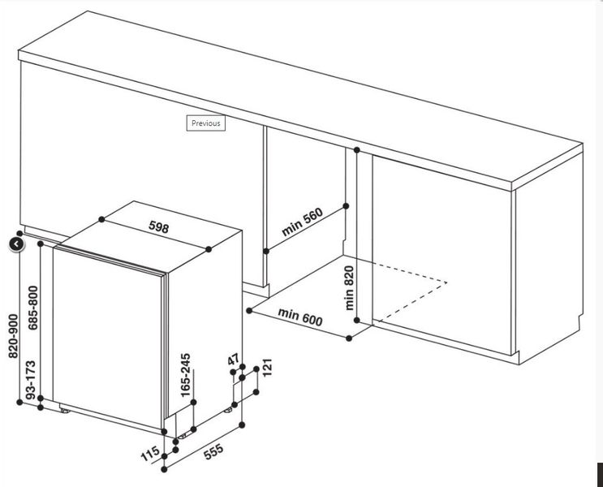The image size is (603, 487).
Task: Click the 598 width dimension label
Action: [159, 227]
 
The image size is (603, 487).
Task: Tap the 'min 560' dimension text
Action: [302, 222]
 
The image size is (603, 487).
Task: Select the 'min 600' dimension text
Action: [300, 317]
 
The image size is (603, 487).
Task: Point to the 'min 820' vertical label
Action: [349, 288]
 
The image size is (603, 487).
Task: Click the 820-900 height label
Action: [13, 336]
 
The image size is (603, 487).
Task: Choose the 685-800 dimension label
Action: [33, 308]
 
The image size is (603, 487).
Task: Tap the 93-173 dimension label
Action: [30, 379]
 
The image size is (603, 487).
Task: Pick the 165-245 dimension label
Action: [185, 376]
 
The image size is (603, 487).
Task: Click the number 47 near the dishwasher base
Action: [234, 360]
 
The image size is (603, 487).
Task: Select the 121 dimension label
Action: [267, 367]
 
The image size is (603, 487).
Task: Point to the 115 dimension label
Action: [150, 454]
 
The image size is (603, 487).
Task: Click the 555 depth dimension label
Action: [213, 451]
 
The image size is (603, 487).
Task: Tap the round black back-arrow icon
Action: [17, 243]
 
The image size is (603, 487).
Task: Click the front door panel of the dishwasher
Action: [108, 338]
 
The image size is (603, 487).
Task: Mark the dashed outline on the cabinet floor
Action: [411, 291]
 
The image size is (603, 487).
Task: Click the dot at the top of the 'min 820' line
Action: [357, 149]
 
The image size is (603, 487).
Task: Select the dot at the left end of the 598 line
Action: [101, 219]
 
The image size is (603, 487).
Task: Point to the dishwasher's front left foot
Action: [65, 411]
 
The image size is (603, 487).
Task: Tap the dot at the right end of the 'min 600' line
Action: [349, 338]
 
